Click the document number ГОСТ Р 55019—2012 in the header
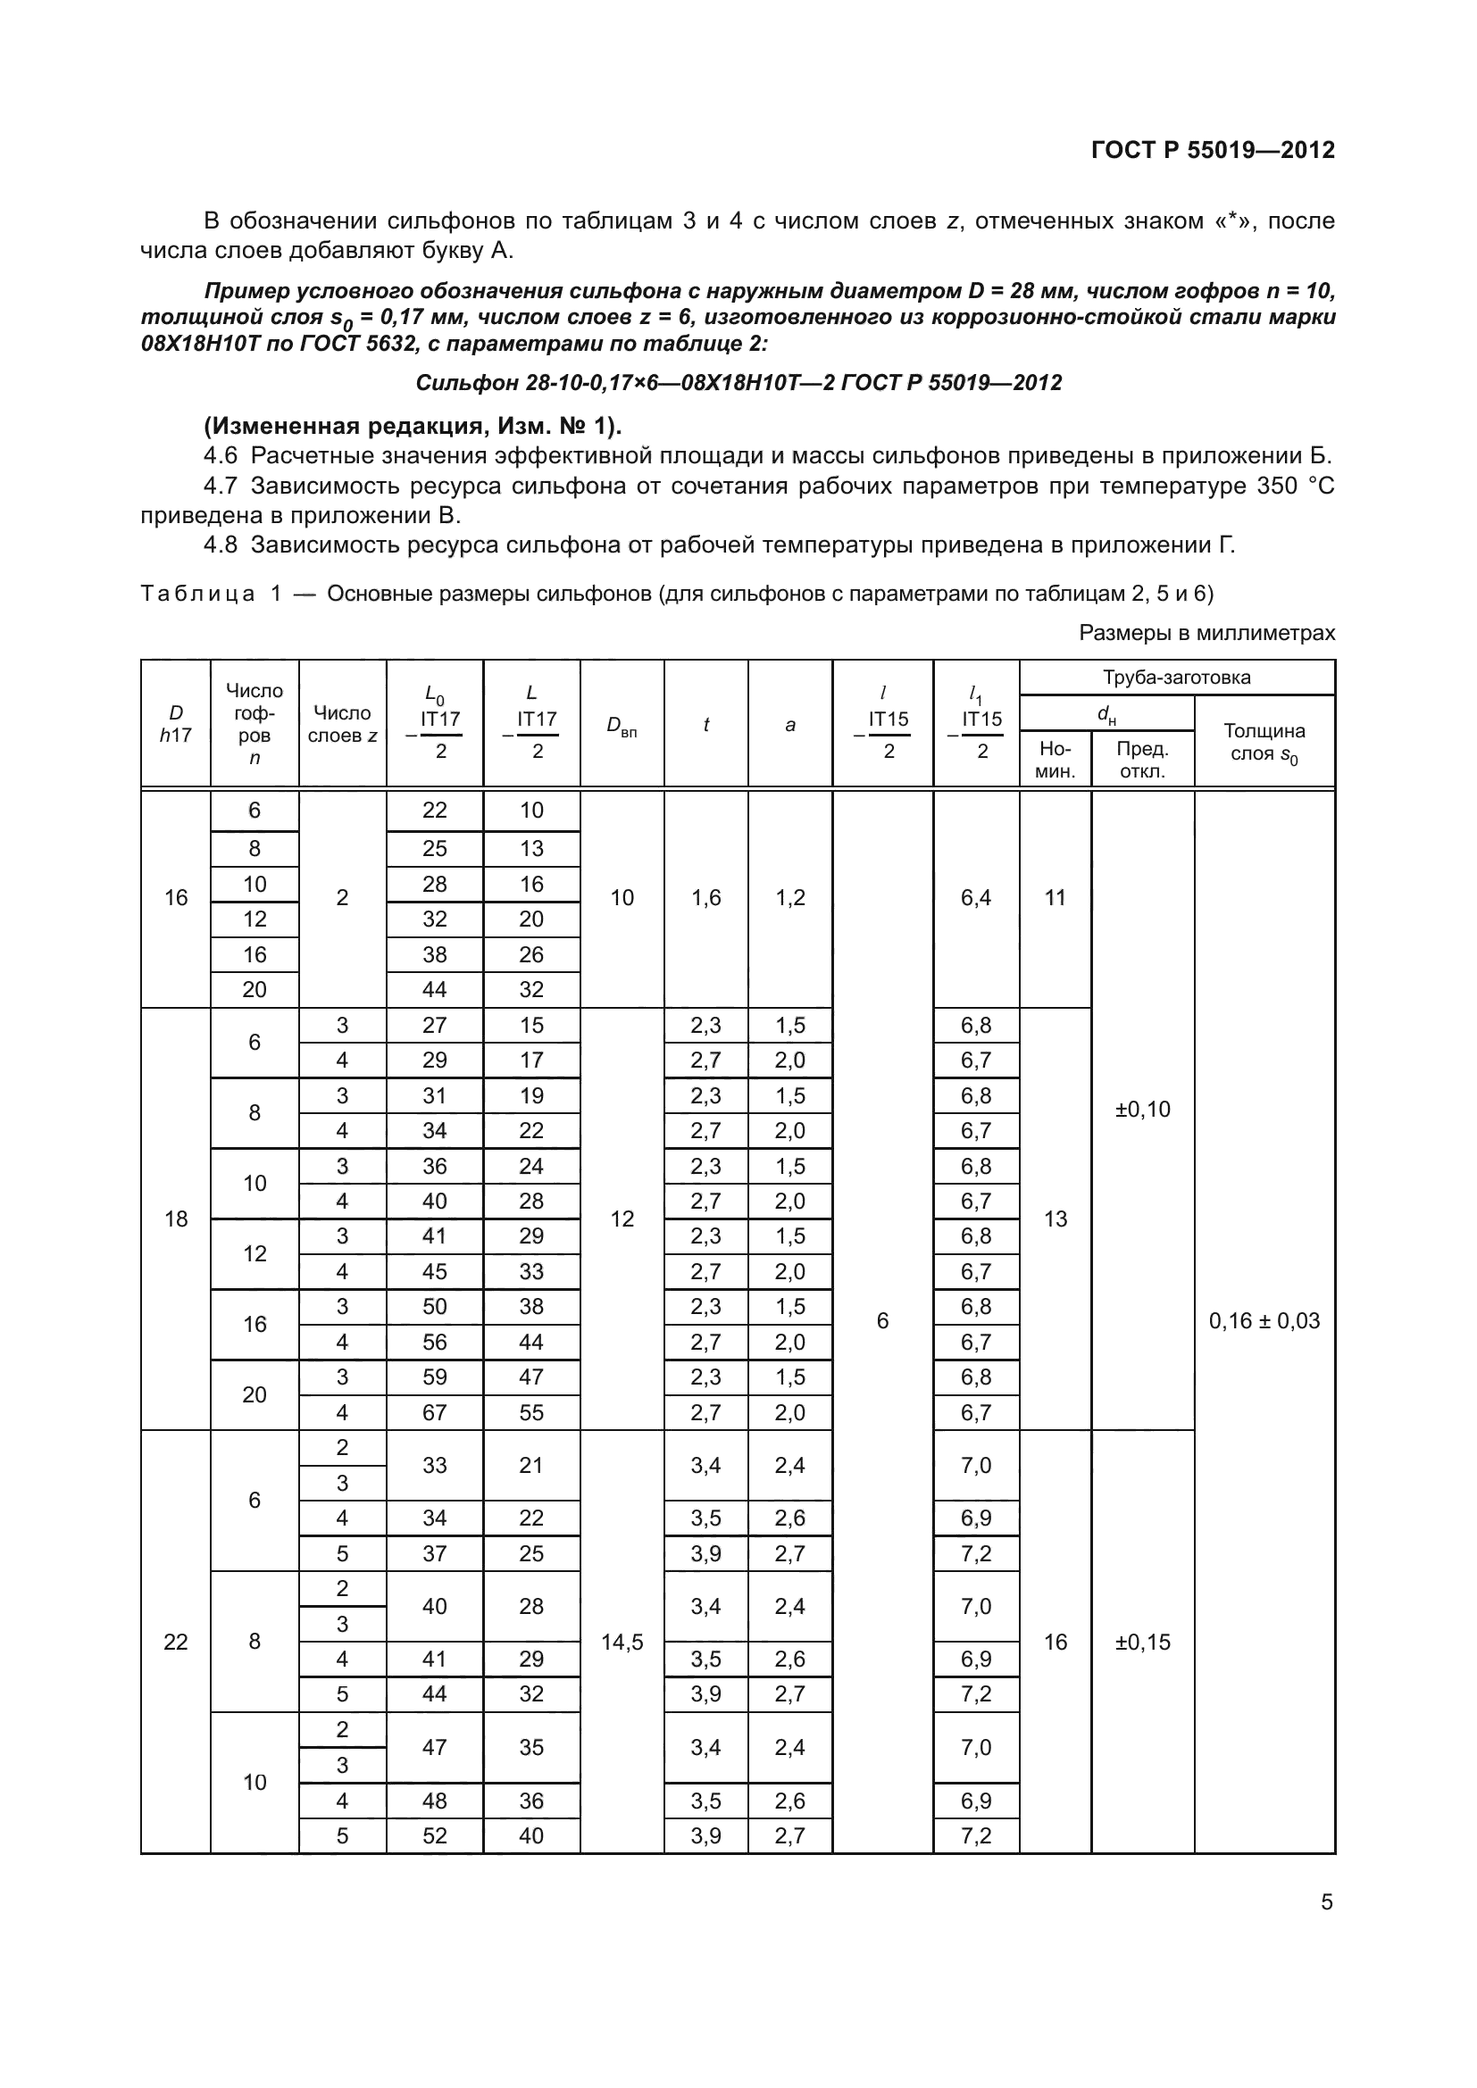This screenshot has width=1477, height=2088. coord(1213,150)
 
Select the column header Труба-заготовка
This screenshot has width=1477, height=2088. coord(1176,678)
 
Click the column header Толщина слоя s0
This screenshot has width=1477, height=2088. coord(1264,742)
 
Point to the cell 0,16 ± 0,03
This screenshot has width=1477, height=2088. coord(1264,1320)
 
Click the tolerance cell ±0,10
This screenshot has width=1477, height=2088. coord(1142,1110)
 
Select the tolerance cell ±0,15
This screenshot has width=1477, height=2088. coord(1142,1642)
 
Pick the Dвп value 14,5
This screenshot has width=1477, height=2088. coord(622,1642)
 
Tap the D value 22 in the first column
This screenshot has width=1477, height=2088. coord(176,1642)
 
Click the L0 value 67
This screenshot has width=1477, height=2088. coord(435,1412)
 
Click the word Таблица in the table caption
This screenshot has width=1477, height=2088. coord(197,594)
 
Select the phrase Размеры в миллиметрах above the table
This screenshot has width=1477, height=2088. coord(1207,633)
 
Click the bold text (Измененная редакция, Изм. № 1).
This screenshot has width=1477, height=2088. coord(413,426)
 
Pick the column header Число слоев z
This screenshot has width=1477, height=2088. coord(342,725)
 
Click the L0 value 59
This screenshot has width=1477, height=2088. coord(435,1377)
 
